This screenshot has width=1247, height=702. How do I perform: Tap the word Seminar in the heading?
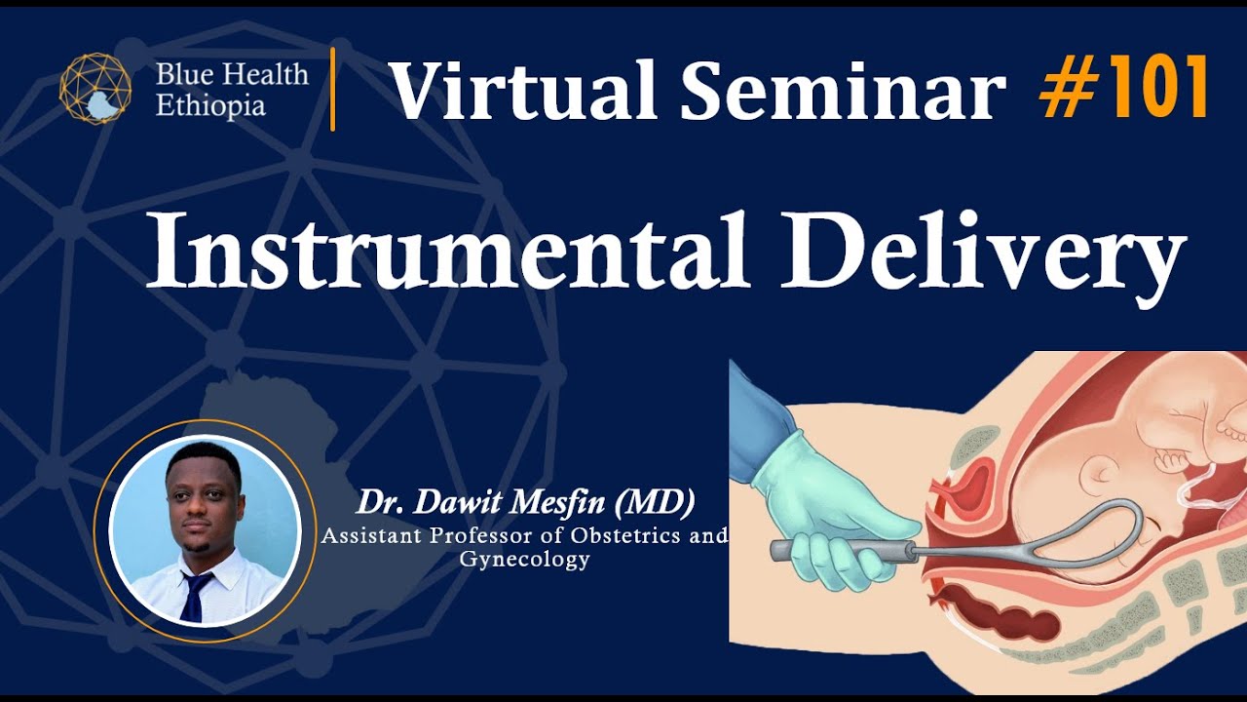pyautogui.click(x=843, y=91)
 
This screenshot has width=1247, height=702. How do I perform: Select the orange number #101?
pyautogui.click(x=1123, y=89)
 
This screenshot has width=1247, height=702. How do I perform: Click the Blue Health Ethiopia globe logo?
pyautogui.click(x=95, y=89)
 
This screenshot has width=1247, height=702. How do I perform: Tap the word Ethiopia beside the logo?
pyautogui.click(x=210, y=105)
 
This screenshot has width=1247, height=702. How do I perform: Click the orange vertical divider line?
pyautogui.click(x=333, y=89)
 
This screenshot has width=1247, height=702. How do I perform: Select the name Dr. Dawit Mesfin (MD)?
pyautogui.click(x=525, y=503)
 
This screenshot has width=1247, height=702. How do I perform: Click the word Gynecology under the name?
pyautogui.click(x=524, y=560)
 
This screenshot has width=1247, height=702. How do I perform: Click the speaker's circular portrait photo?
pyautogui.click(x=205, y=530)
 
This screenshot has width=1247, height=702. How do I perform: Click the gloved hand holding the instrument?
pyautogui.click(x=828, y=517)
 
